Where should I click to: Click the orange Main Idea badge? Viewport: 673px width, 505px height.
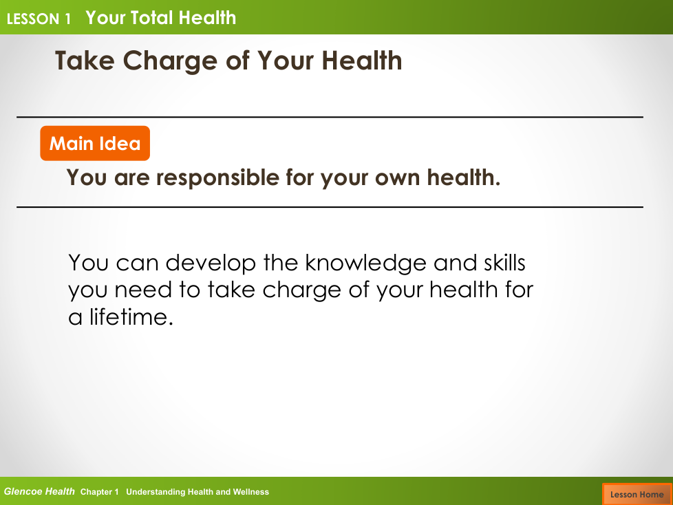point(95,143)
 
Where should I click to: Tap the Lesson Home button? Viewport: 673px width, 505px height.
point(637,494)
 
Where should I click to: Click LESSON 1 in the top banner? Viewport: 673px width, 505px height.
point(39,19)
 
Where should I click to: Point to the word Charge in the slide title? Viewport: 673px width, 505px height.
point(170,61)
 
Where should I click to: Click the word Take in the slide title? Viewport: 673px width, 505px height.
point(85,61)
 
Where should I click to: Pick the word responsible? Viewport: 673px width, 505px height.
point(217,178)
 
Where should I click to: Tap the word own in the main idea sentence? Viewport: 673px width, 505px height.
point(397,178)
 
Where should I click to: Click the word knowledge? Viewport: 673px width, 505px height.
point(365,263)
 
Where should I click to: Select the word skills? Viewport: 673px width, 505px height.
point(504,263)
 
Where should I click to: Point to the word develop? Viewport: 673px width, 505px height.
point(211,264)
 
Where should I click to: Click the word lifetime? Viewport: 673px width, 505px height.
point(131,317)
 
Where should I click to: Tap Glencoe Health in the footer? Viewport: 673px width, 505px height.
point(39,492)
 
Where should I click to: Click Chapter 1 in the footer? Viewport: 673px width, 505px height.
point(99,492)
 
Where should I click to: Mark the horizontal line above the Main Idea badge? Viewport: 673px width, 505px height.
point(330,117)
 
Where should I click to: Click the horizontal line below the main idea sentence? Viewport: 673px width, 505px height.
point(330,207)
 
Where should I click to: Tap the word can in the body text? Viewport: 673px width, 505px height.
point(138,264)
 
